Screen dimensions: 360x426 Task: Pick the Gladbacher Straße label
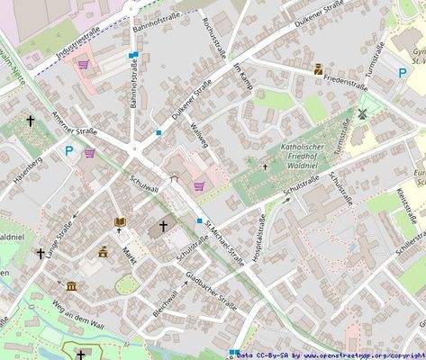[210, 290]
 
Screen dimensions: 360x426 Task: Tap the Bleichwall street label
[165, 302]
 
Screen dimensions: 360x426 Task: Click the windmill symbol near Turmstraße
[362, 114]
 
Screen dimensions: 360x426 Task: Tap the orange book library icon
[120, 222]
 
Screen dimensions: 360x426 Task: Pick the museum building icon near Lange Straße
[71, 286]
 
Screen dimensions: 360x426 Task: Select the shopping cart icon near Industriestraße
[84, 65]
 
